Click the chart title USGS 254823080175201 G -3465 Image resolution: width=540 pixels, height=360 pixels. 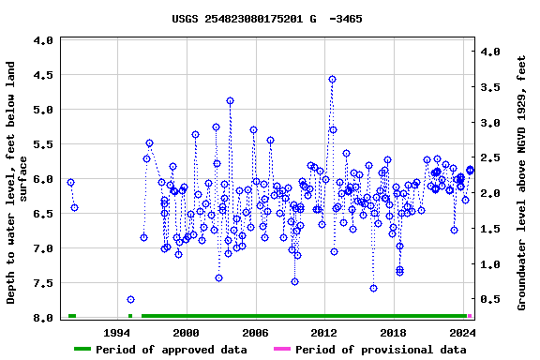267,19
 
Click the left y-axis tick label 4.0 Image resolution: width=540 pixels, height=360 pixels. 42,41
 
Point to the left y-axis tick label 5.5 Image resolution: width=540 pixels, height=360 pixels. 42,144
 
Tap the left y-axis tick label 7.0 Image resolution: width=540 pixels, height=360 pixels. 42,248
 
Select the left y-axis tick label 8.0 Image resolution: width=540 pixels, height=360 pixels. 42,318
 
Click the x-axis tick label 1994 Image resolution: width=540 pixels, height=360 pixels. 117,332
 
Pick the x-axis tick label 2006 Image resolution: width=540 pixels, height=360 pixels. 255,332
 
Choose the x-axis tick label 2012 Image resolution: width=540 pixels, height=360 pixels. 324,332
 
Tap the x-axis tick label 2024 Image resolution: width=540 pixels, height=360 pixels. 462,332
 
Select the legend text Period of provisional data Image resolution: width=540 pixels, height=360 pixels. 381,350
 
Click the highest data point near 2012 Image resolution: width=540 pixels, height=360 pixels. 332,80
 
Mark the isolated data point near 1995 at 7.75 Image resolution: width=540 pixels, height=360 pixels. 130,299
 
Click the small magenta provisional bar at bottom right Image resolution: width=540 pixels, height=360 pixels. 470,316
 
